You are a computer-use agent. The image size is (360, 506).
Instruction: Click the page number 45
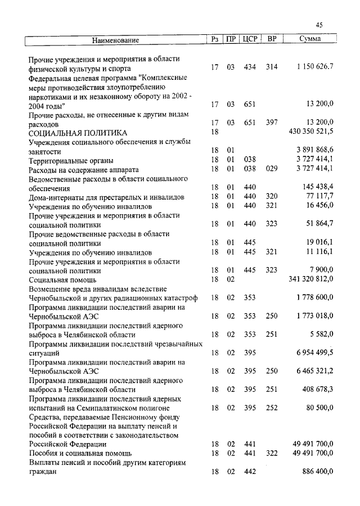point(319,25)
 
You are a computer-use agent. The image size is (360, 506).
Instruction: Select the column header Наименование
point(115,40)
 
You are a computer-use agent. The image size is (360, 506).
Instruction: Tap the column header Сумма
point(310,39)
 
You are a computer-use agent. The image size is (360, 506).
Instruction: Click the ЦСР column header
point(250,39)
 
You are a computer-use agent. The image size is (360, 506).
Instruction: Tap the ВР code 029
point(272,169)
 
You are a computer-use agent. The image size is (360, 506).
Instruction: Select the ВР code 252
point(272,407)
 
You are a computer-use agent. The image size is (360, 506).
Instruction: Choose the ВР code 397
point(272,123)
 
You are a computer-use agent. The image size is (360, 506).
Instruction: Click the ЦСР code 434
point(250,67)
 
